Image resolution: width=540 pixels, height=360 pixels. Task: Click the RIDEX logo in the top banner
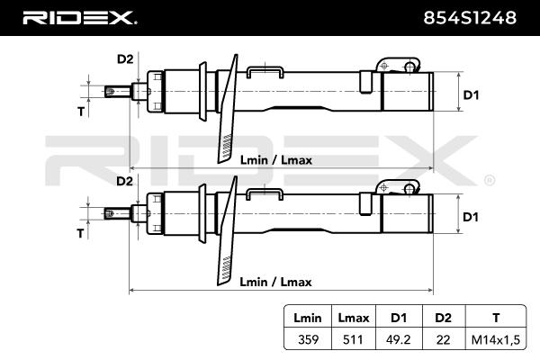(x=79, y=17)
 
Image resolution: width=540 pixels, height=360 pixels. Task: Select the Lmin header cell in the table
(x=301, y=319)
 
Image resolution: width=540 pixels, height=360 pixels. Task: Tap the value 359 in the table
(x=301, y=339)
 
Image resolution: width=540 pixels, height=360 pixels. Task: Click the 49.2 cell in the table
(x=398, y=339)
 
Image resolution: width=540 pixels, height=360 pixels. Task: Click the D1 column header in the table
(x=398, y=319)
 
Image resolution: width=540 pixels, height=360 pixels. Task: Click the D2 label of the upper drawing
(x=125, y=59)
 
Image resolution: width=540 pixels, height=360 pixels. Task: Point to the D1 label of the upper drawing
(x=471, y=94)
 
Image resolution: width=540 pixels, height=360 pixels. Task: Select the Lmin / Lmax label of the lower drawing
(x=275, y=282)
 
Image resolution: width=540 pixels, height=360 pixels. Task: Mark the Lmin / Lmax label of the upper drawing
(x=275, y=159)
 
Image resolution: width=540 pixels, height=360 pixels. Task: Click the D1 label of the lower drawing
(x=471, y=217)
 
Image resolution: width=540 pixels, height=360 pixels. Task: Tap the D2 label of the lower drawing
(x=125, y=182)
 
